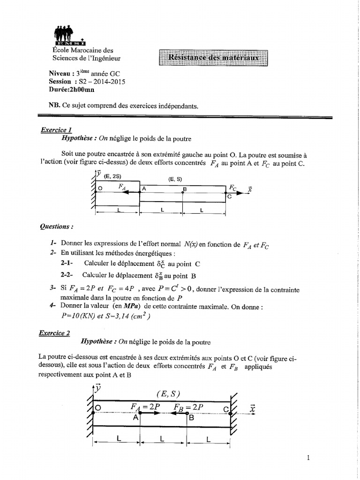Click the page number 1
click(x=308, y=458)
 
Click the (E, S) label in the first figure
click(x=178, y=178)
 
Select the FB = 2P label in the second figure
click(x=188, y=407)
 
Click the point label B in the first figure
click(x=185, y=189)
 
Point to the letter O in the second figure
click(x=98, y=408)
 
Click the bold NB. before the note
click(x=54, y=106)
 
